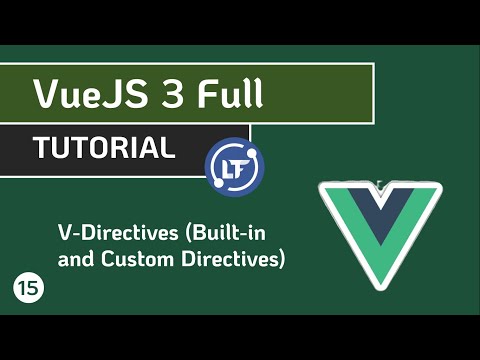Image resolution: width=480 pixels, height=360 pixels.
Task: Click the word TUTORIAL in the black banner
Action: pyautogui.click(x=103, y=148)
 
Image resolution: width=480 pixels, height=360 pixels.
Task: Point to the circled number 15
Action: pyautogui.click(x=27, y=288)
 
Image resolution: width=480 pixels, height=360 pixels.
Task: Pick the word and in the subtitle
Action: pyautogui.click(x=75, y=260)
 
